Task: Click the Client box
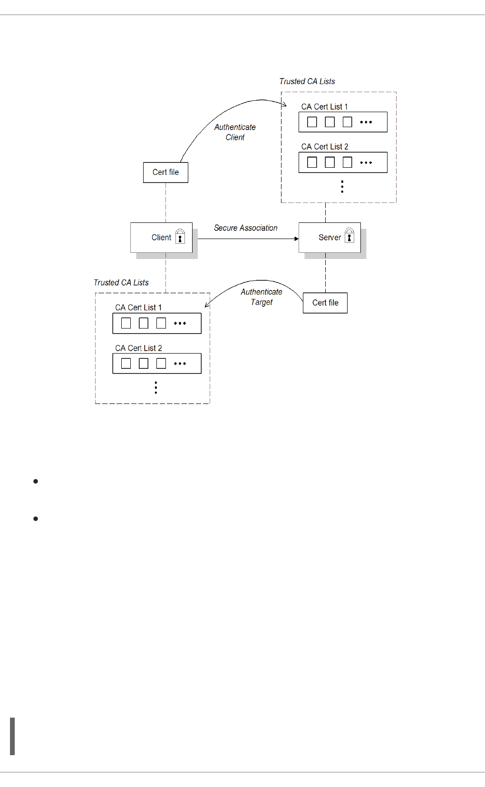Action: (x=161, y=238)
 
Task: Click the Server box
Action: (x=330, y=238)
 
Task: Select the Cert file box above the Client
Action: (x=165, y=173)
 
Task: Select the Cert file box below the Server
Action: (x=325, y=303)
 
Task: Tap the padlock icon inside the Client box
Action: (x=180, y=236)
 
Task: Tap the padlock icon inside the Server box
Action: (x=349, y=235)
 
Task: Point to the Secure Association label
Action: (x=245, y=228)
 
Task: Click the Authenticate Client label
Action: (x=235, y=132)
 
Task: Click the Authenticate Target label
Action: (x=262, y=297)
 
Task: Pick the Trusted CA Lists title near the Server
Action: (x=307, y=82)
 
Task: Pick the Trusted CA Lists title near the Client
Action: (x=121, y=283)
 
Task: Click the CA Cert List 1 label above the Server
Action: (x=325, y=107)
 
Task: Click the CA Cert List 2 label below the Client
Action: (x=138, y=348)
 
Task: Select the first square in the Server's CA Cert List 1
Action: (x=312, y=122)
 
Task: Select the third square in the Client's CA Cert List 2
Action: (x=161, y=364)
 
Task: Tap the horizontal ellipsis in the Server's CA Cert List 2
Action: (x=366, y=163)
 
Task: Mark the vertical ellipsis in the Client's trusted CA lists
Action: (x=156, y=388)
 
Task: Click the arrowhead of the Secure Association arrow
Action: (x=296, y=239)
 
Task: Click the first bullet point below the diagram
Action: (x=36, y=481)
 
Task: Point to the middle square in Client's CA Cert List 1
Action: (x=144, y=324)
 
